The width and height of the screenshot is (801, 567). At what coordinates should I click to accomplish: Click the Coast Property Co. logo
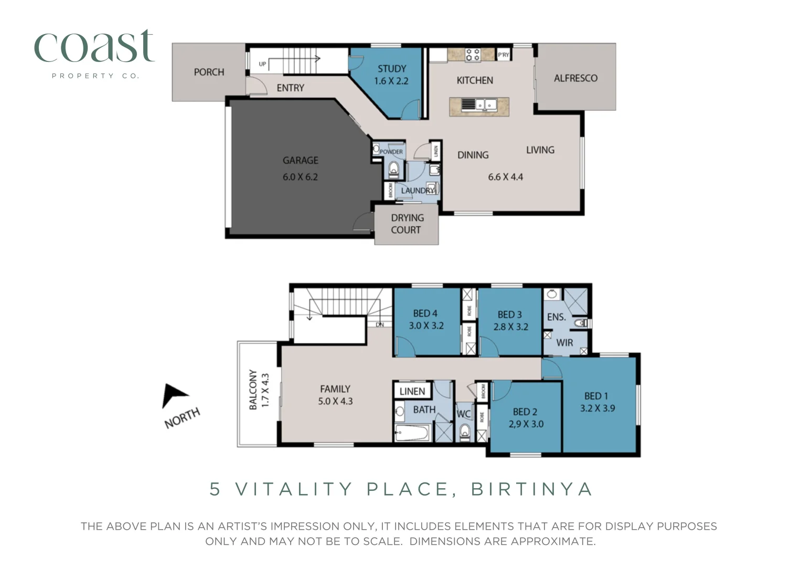tap(94, 52)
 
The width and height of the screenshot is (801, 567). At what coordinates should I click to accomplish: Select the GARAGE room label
tap(300, 160)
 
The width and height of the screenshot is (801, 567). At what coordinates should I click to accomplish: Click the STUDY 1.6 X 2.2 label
tap(391, 75)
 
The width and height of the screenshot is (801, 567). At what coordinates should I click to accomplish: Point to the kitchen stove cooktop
tap(472, 55)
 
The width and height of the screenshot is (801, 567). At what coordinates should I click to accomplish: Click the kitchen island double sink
tap(485, 105)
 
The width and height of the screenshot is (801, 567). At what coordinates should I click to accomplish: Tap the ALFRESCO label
tap(575, 78)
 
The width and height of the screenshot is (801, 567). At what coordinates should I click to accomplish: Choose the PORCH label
tap(209, 72)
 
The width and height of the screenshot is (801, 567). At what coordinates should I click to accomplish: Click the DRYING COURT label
tap(407, 224)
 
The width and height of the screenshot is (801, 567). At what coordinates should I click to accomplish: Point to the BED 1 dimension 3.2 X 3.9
tap(597, 408)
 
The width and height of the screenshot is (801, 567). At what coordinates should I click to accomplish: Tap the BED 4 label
tap(425, 313)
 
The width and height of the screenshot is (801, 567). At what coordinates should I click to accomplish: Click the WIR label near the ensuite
tap(564, 343)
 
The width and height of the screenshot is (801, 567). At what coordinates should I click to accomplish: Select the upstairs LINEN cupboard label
tap(412, 391)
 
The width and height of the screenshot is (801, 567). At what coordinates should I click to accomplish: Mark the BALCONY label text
tap(253, 389)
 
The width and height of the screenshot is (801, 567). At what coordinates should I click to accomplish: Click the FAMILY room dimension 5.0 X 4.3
tap(335, 401)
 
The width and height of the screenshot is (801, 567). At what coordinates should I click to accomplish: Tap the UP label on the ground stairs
tap(262, 64)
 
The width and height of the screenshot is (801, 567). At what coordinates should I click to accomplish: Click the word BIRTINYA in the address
tap(532, 489)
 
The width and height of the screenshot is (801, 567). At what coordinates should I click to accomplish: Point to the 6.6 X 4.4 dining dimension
tap(505, 177)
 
